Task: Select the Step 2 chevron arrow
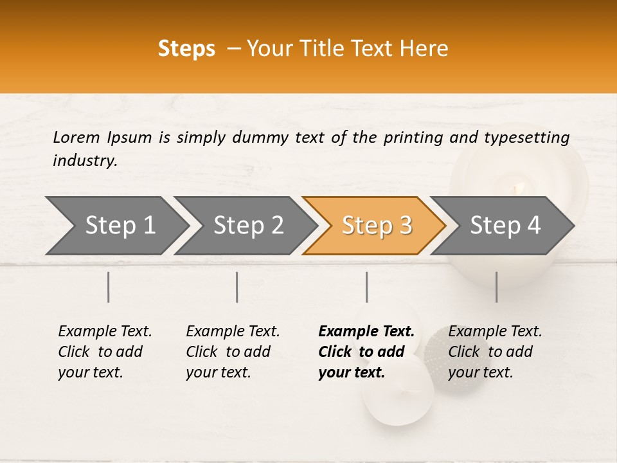(x=248, y=225)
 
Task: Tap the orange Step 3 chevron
(x=377, y=225)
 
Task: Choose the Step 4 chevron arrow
(x=505, y=225)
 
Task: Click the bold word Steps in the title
(x=186, y=48)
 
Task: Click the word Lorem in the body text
(x=76, y=137)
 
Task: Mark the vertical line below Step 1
(x=109, y=287)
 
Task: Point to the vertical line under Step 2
(x=237, y=287)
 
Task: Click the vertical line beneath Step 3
(x=366, y=287)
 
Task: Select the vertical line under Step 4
(x=496, y=287)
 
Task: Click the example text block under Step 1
(x=105, y=352)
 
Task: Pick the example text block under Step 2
(x=233, y=352)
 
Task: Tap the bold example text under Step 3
(x=366, y=352)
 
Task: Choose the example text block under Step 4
(x=495, y=352)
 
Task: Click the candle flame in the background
(x=518, y=188)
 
